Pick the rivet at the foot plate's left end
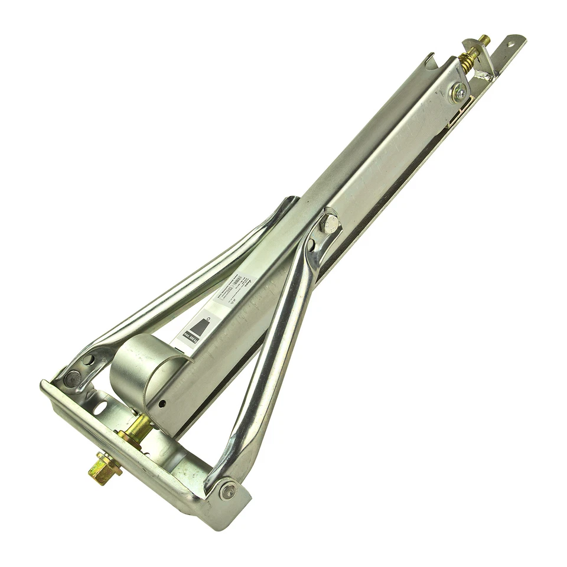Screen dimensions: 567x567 pos(71,379)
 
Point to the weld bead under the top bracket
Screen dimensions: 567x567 pos(487,75)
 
